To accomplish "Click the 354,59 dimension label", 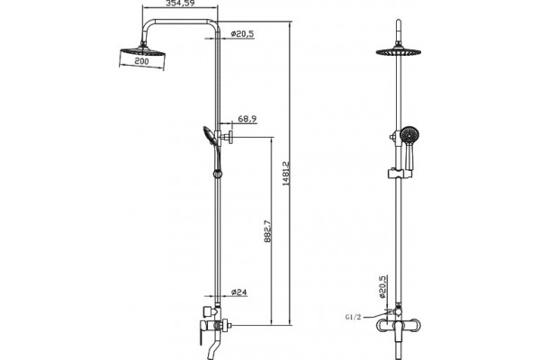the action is [180, 4].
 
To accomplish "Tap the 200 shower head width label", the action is [141, 61].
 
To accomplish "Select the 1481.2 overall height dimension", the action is [286, 174].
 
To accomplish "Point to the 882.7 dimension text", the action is [268, 232].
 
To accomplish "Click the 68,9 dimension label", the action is [247, 119].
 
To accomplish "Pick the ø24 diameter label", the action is [239, 292].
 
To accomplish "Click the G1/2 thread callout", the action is [353, 317].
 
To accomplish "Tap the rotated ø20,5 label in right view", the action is [382, 286].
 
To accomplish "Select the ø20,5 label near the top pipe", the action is [242, 34].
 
